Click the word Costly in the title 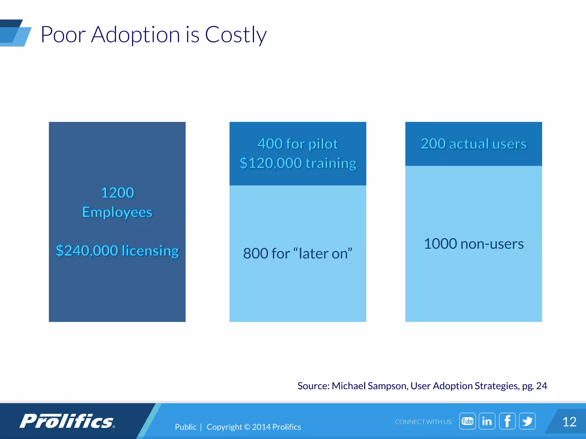pyautogui.click(x=235, y=35)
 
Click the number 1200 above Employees pyautogui.click(x=117, y=193)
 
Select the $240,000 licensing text pyautogui.click(x=117, y=251)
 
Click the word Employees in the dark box pyautogui.click(x=117, y=212)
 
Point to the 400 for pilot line pyautogui.click(x=298, y=144)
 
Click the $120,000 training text pyautogui.click(x=298, y=163)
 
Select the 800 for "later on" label pyautogui.click(x=298, y=254)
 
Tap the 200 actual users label pyautogui.click(x=474, y=144)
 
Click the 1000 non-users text pyautogui.click(x=474, y=244)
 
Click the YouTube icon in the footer pyautogui.click(x=467, y=421)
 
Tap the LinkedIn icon pyautogui.click(x=487, y=421)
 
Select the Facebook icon pyautogui.click(x=507, y=421)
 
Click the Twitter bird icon pyautogui.click(x=527, y=421)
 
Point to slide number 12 pyautogui.click(x=569, y=422)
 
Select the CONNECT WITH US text pyautogui.click(x=423, y=422)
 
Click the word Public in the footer pyautogui.click(x=185, y=427)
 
